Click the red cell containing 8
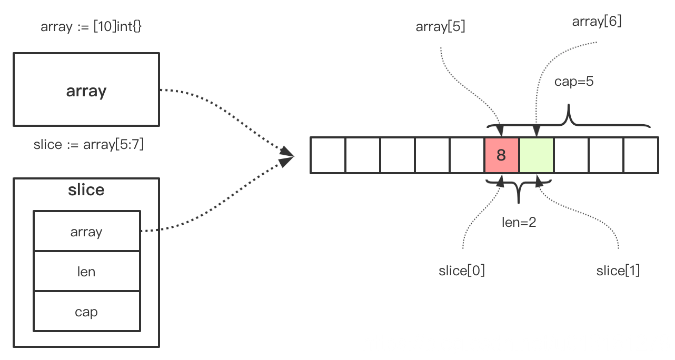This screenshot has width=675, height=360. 501,155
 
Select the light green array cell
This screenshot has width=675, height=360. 536,155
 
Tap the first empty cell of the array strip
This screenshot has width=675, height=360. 327,155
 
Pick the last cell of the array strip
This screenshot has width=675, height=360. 641,155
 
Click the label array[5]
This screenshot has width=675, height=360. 440,27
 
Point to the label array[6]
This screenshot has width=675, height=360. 597,22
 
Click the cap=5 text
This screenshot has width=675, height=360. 574,82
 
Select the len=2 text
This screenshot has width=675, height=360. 519,222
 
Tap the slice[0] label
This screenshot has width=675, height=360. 462,271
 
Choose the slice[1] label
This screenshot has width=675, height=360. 618,271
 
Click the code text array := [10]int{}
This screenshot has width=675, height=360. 91,27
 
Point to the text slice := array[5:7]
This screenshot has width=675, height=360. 88,145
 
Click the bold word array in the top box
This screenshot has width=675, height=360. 86,91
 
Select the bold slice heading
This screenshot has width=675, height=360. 86,190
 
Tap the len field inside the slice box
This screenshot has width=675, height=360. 86,272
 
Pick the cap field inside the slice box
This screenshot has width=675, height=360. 86,312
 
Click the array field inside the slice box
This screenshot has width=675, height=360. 86,232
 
